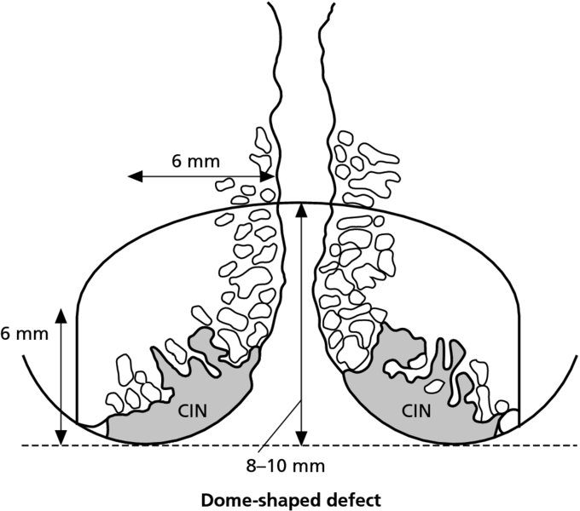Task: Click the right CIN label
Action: (x=417, y=411)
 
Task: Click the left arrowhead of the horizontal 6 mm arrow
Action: (x=132, y=176)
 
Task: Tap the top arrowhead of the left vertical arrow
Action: (x=61, y=312)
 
